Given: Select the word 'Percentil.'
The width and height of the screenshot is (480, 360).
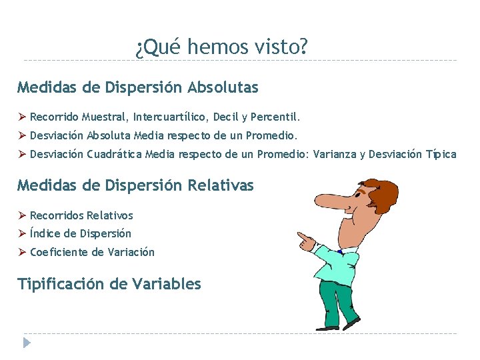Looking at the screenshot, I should tap(276, 117).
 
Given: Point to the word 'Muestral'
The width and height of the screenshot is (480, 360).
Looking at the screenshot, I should tap(106, 117).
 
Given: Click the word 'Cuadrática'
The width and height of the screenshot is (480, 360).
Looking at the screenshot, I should tap(115, 155).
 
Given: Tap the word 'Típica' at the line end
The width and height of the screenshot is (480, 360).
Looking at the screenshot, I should tap(441, 155).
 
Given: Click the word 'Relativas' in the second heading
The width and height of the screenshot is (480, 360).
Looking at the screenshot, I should tap(221, 185).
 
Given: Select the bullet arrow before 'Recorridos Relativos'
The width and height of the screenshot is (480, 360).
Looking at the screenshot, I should tap(21, 215).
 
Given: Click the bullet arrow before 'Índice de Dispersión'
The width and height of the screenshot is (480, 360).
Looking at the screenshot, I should tap(21, 233).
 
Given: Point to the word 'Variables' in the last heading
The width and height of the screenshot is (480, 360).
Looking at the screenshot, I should tap(167, 284).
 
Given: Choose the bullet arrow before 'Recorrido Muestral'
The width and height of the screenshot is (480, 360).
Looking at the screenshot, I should tap(21, 117).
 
